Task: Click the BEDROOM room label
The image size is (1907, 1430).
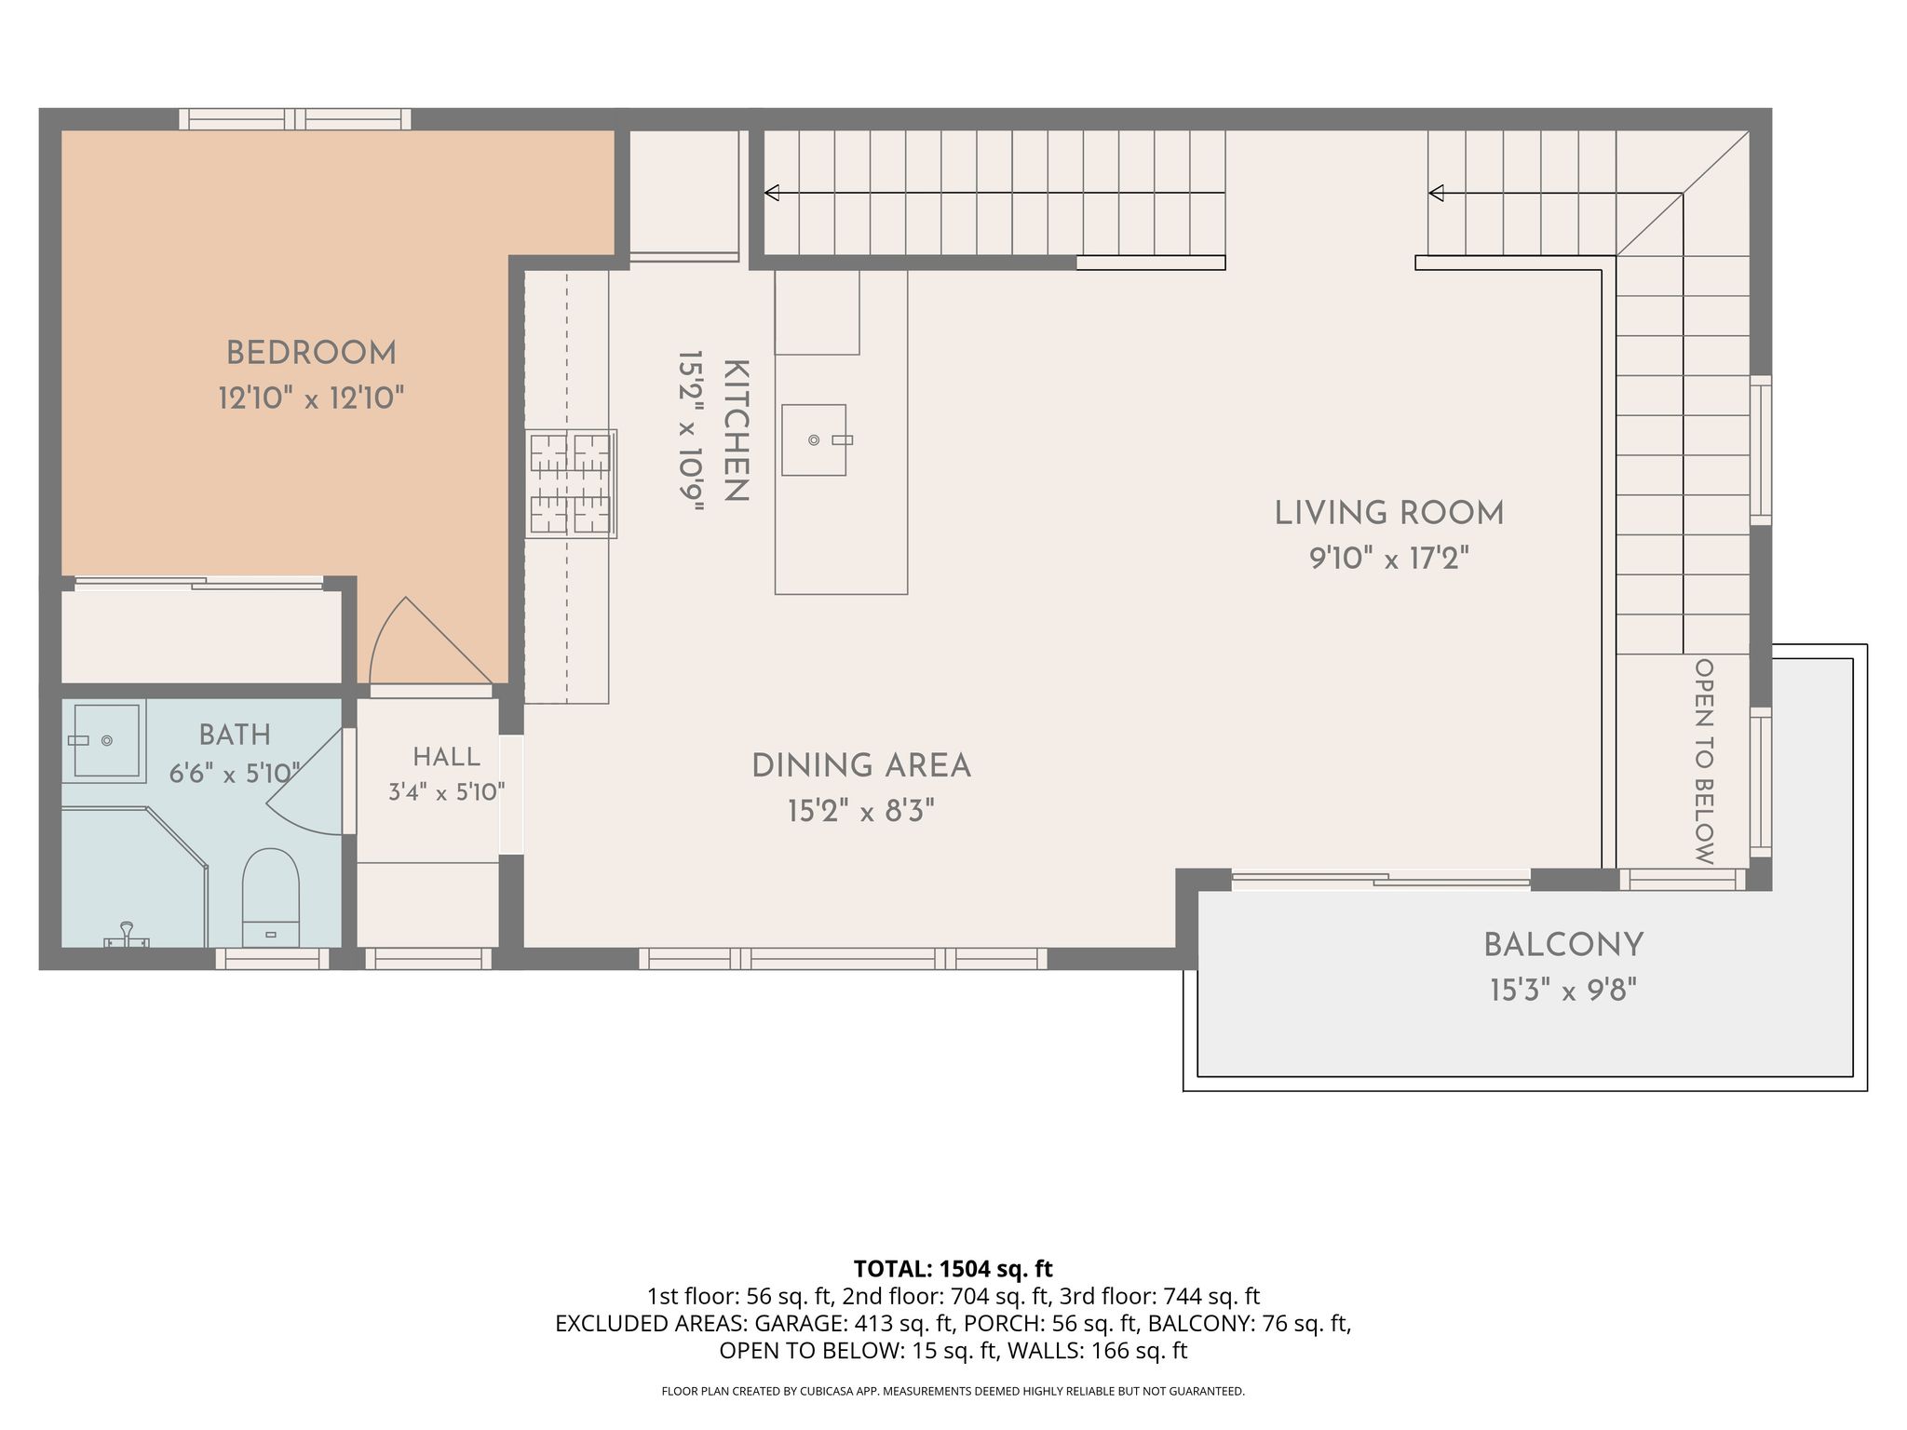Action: click(x=311, y=354)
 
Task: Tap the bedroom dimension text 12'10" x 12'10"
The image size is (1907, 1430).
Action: click(x=311, y=398)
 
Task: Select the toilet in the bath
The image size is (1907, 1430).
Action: click(x=270, y=897)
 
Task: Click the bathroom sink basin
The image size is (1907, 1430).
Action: click(x=107, y=740)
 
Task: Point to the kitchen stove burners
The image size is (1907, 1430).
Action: click(x=571, y=483)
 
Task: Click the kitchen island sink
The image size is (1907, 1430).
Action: click(x=814, y=439)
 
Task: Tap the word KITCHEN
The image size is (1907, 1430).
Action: click(x=736, y=430)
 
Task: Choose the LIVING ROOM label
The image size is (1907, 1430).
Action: click(x=1388, y=513)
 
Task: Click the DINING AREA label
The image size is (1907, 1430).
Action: click(x=861, y=766)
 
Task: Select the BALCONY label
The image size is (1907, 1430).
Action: click(x=1563, y=945)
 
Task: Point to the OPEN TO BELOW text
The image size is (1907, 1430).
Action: click(x=1704, y=762)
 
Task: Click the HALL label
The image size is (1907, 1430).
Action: click(x=447, y=757)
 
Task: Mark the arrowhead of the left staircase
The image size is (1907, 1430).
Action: click(x=771, y=193)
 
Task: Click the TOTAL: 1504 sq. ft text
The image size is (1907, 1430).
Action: click(x=953, y=1269)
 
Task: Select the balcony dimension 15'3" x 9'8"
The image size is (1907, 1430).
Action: click(x=1563, y=990)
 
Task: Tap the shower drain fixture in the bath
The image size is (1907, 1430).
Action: click(x=126, y=936)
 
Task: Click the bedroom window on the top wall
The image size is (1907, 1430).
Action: click(x=295, y=119)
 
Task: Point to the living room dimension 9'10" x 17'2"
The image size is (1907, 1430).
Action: click(x=1389, y=559)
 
